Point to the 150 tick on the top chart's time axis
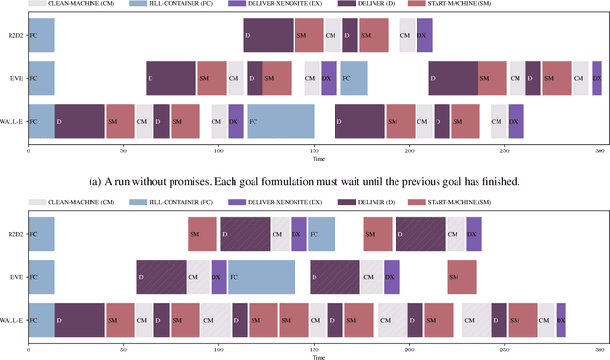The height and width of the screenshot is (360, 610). [x=315, y=151]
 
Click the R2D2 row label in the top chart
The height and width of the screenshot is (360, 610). [x=12, y=35]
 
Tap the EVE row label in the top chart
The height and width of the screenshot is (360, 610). [x=15, y=78]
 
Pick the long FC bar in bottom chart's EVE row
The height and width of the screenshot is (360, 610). [x=261, y=276]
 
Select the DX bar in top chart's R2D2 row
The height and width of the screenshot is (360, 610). [x=424, y=35]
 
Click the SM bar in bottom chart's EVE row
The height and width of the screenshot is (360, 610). [x=461, y=276]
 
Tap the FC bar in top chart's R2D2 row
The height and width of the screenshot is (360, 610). [x=41, y=35]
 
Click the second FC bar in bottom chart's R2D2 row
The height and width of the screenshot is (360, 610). [x=321, y=233]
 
